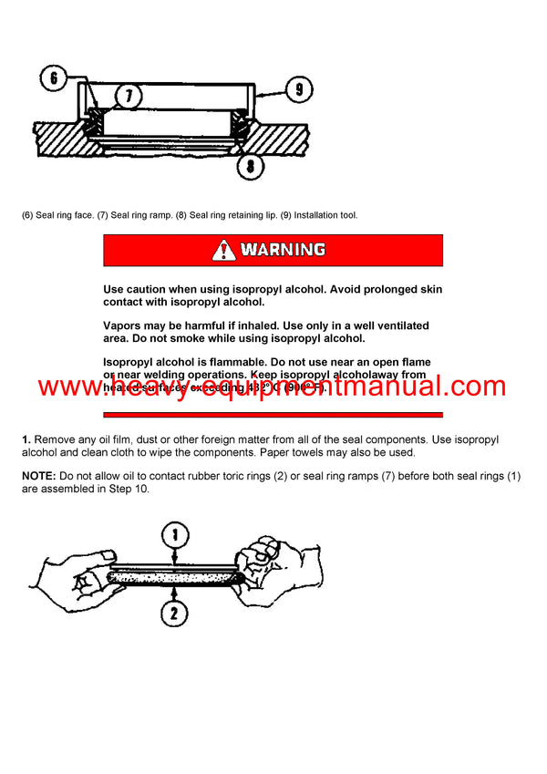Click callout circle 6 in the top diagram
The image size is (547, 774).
click(x=53, y=78)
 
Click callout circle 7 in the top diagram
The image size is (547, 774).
click(x=129, y=95)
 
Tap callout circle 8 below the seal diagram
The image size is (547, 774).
click(x=250, y=166)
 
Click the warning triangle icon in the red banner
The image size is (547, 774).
click(x=223, y=250)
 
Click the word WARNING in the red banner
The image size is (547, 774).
click(x=283, y=250)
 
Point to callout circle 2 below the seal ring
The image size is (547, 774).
click(x=173, y=614)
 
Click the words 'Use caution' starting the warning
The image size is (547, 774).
click(x=138, y=289)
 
